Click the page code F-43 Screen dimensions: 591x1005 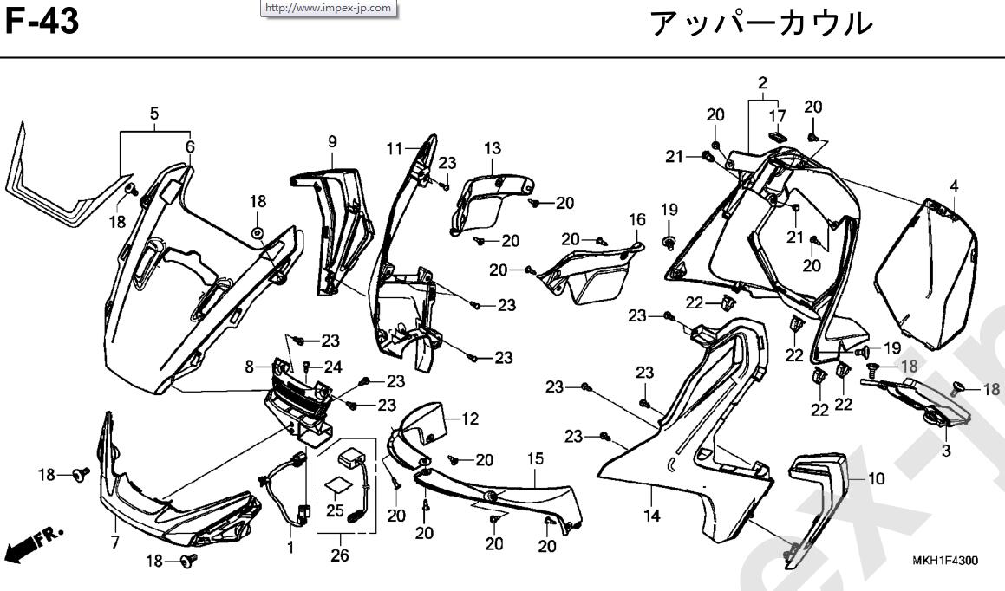click(x=43, y=22)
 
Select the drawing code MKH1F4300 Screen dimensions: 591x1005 click(x=945, y=561)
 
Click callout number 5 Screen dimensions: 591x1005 click(x=154, y=114)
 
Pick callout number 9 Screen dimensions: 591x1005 click(x=331, y=141)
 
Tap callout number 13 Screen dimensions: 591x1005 click(x=493, y=148)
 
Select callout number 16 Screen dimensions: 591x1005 click(x=637, y=220)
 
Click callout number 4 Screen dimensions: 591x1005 click(x=954, y=185)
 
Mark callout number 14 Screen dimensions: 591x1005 click(x=652, y=516)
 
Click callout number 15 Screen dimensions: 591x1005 click(x=535, y=457)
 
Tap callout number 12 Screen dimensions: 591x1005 click(x=469, y=419)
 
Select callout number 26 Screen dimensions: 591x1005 click(x=340, y=556)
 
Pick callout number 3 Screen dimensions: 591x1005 click(x=945, y=451)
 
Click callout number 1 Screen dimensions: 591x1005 click(x=290, y=547)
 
